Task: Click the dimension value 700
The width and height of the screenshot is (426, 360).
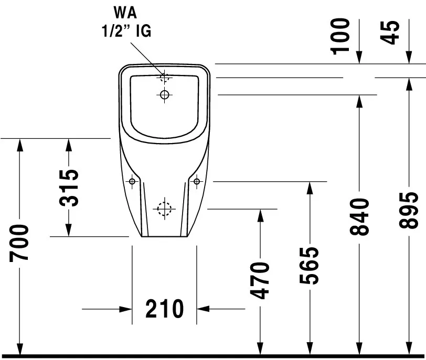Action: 19,243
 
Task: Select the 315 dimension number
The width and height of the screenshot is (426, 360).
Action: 69,188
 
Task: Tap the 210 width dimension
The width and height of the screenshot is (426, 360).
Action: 165,309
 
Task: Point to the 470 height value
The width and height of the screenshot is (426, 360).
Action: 260,280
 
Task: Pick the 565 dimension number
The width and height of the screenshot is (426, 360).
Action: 309,266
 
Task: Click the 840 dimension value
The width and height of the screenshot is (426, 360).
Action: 359,216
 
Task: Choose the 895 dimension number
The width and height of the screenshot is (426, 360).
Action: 409,210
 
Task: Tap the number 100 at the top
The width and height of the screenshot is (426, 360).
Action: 340,36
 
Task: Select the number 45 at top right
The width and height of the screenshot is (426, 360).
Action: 390,32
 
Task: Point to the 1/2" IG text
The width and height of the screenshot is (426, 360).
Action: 126,30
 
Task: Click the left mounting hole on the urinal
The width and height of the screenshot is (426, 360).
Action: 132,181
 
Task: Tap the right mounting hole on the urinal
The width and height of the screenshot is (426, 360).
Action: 197,181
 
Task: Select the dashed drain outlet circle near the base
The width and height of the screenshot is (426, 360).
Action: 164,209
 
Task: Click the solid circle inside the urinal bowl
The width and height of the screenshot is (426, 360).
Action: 164,95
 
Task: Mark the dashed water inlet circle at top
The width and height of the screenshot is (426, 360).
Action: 164,78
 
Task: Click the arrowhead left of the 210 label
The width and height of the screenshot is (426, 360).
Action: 125,309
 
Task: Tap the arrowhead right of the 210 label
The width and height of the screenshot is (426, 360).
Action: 203,309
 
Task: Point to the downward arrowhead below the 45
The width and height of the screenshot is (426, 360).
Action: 409,57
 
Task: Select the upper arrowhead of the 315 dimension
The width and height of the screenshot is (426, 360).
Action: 69,145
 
